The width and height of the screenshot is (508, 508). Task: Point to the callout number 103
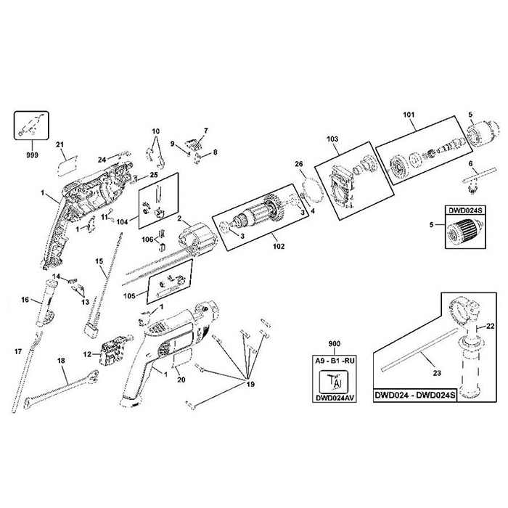[x=333, y=138]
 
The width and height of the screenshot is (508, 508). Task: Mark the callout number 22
[x=491, y=327]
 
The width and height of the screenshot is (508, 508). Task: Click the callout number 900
[x=335, y=343]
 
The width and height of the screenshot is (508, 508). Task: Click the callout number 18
[x=61, y=360]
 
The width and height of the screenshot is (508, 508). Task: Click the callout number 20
[x=181, y=379]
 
